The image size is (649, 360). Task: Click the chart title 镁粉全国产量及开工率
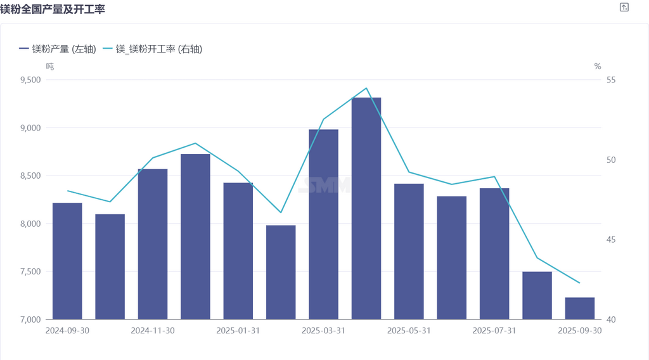click(52, 8)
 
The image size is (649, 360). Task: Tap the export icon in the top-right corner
click(624, 7)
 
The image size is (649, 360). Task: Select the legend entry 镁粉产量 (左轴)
click(58, 49)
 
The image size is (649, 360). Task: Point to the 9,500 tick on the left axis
click(30, 80)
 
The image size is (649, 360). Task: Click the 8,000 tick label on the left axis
click(30, 224)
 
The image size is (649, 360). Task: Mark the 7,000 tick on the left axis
click(30, 319)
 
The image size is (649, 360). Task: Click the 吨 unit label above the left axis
click(50, 66)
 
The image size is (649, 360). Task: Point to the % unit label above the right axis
click(597, 66)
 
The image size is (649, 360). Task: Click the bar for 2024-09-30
click(67, 260)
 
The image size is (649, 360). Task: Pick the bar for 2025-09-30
click(580, 308)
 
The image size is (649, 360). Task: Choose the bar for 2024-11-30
click(153, 244)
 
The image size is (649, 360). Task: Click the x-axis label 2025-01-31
click(238, 331)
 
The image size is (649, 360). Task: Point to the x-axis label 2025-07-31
click(494, 331)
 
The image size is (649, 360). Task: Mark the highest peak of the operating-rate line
click(366, 88)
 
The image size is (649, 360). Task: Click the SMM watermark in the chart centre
click(325, 184)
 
